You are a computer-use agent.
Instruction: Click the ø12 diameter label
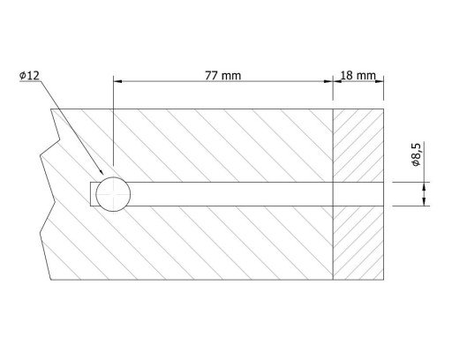click(x=29, y=76)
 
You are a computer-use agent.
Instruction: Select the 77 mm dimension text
click(x=222, y=76)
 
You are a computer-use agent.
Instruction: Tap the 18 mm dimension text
click(x=358, y=76)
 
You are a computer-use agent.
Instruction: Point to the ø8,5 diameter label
click(x=418, y=154)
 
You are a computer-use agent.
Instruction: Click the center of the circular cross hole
click(x=113, y=194)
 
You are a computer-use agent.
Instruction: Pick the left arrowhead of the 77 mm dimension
click(x=117, y=81)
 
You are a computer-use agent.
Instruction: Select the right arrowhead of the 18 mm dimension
click(x=380, y=81)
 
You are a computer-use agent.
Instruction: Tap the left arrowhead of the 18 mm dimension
click(x=337, y=81)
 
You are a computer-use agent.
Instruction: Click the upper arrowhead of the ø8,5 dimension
click(x=424, y=186)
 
